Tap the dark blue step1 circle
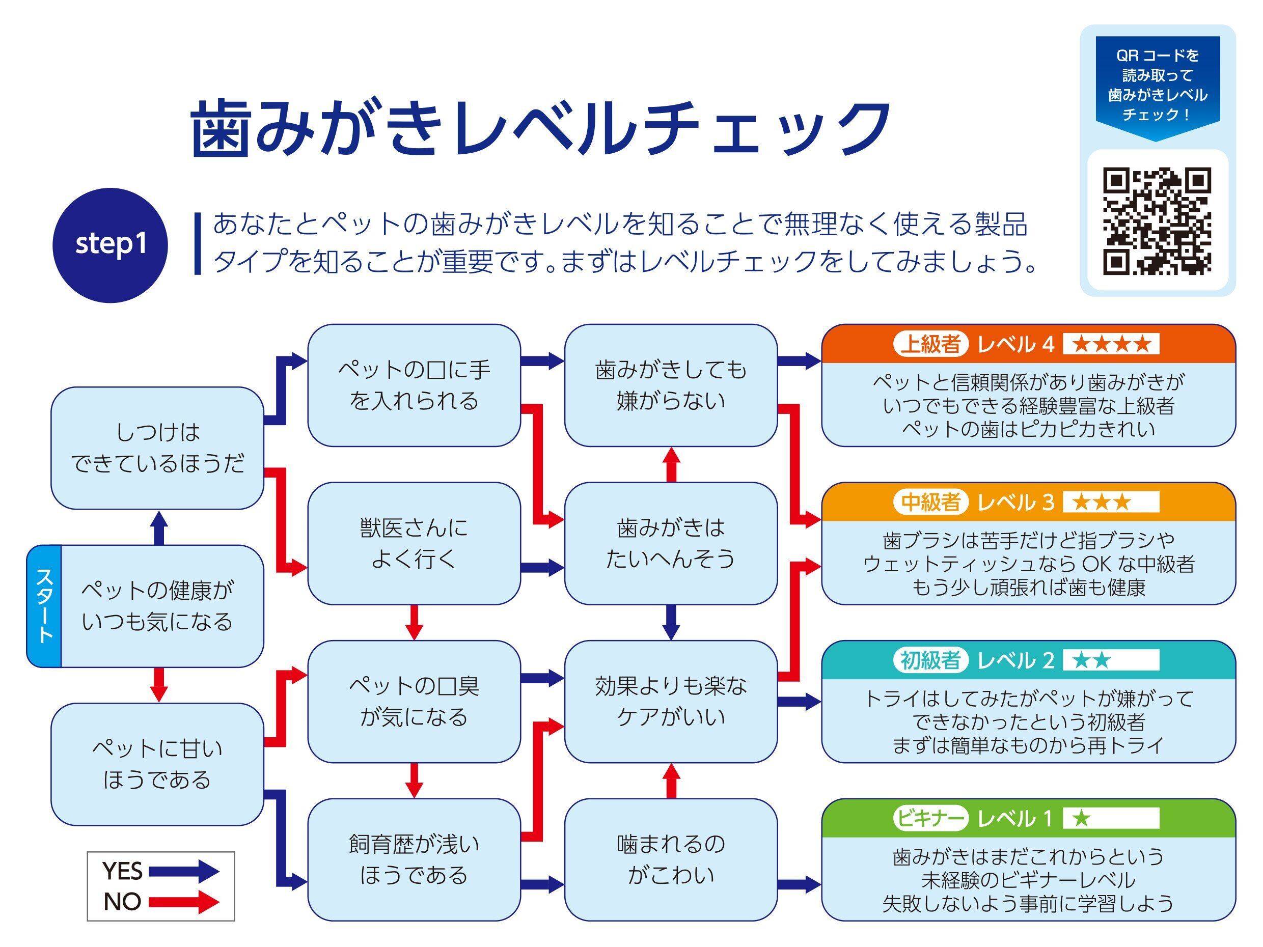pos(110,245)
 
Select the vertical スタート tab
pos(44,606)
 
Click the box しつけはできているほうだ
pos(157,448)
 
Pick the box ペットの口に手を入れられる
pos(414,385)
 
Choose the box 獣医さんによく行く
pos(414,543)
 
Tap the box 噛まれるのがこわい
pos(671,859)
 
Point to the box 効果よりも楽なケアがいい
pos(671,701)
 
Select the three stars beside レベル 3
pos(1102,503)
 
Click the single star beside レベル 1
pos(1081,819)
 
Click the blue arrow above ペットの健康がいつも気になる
pos(159,527)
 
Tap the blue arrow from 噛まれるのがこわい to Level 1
pos(800,885)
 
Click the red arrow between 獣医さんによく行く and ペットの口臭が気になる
pos(414,622)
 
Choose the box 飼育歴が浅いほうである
pos(414,859)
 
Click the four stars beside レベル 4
pos(1111,344)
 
